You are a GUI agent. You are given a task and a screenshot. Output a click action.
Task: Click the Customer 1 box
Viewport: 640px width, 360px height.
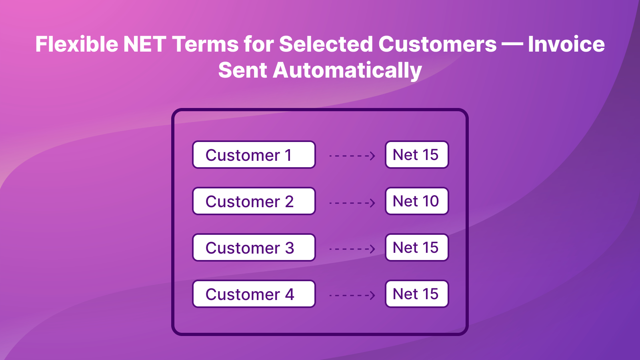[254, 154]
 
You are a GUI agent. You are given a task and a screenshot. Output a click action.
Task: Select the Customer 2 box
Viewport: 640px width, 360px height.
[254, 201]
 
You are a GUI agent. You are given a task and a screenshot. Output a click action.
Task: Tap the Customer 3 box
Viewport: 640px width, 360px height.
[254, 248]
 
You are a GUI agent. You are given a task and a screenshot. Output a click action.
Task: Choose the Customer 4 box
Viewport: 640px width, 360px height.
[254, 294]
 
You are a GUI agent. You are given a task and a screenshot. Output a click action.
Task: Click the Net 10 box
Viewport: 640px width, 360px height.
[417, 201]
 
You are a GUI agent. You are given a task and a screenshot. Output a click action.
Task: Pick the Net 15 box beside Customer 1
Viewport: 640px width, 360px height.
[417, 154]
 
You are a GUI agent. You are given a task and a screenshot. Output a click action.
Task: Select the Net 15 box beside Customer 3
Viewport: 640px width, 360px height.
[417, 248]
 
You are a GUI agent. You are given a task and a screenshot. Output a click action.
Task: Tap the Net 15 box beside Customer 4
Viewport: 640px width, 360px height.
[417, 294]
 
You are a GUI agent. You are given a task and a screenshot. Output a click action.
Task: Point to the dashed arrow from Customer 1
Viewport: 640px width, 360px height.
[352, 156]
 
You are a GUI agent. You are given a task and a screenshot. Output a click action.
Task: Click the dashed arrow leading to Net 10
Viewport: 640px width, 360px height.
[352, 203]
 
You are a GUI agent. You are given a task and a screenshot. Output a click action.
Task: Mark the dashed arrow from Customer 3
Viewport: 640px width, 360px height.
[352, 249]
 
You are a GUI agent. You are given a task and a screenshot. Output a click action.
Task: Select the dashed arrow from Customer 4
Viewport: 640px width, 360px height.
[352, 295]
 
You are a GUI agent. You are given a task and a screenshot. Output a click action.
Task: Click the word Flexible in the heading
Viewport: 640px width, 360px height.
[76, 44]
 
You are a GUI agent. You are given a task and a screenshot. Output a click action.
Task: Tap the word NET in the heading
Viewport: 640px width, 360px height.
[145, 44]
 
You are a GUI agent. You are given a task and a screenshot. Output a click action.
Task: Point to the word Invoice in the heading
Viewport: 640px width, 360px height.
[566, 44]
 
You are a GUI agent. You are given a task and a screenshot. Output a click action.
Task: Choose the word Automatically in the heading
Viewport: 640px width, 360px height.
[347, 70]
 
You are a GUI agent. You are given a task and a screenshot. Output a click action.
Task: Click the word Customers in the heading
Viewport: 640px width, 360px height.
[438, 44]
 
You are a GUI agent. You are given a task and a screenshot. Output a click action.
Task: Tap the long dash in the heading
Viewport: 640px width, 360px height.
[512, 45]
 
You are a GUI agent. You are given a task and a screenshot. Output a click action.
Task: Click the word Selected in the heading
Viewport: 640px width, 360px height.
[326, 44]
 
